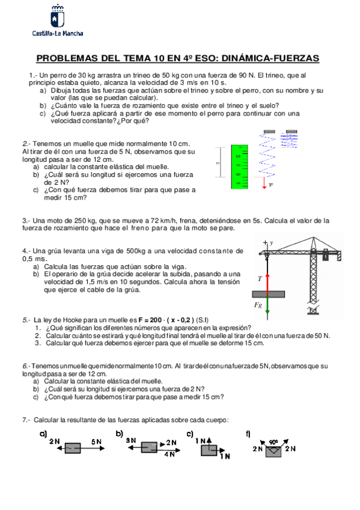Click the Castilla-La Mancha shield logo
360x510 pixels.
[x=58, y=17]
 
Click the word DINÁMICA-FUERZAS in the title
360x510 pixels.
[x=270, y=58]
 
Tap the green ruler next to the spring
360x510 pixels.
[x=239, y=167]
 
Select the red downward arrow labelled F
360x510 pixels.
[x=264, y=183]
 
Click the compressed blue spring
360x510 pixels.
[x=289, y=139]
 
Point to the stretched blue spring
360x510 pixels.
[x=267, y=153]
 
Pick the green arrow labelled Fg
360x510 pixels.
[x=267, y=306]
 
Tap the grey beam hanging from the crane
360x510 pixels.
[x=269, y=294]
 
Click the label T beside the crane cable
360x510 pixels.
[x=260, y=279]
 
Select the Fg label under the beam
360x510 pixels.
[x=258, y=305]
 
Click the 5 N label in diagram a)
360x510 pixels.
[x=96, y=441]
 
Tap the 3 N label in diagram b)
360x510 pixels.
[x=131, y=440]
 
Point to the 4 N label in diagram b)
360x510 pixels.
[x=169, y=454]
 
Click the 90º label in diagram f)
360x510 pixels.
[x=273, y=443]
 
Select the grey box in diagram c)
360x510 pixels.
[x=209, y=450]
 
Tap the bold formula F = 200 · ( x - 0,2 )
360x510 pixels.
[x=166, y=320]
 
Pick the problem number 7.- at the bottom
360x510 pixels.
[x=26, y=420]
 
